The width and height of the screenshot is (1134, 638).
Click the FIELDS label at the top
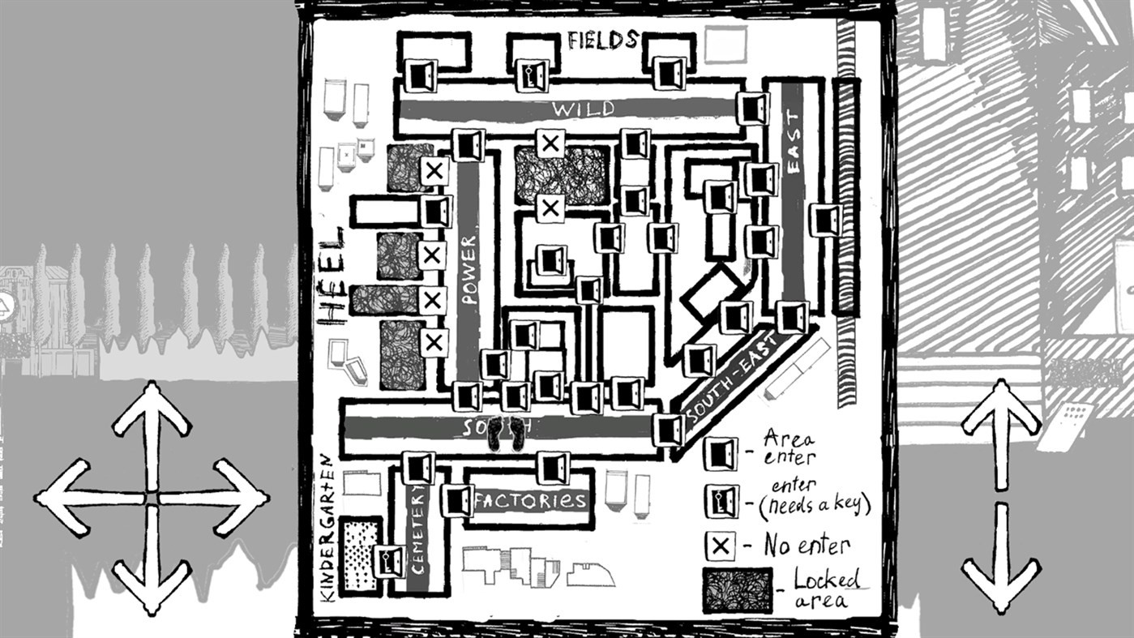(x=602, y=40)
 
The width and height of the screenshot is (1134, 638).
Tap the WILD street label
(x=583, y=109)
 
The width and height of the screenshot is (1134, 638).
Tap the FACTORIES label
(x=531, y=501)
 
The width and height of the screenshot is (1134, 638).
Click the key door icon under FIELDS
(x=532, y=75)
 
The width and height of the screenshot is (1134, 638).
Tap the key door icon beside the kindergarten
(x=389, y=562)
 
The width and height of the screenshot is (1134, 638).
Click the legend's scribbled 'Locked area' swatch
(x=737, y=590)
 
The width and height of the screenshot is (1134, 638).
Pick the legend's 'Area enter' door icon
(x=720, y=453)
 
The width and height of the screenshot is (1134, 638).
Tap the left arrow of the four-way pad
(x=69, y=497)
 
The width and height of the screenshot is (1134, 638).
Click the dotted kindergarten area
(x=361, y=555)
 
